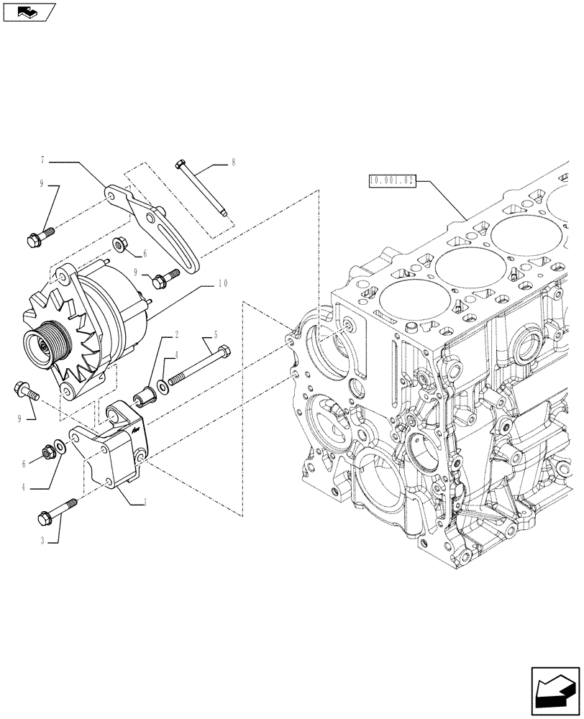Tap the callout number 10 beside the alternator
pos(223,283)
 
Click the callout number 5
pos(214,335)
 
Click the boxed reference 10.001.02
pos(392,180)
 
